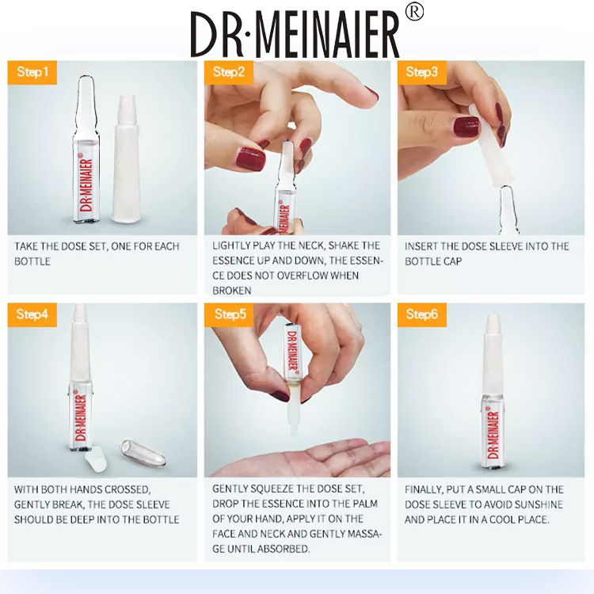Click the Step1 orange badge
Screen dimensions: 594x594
click(x=32, y=72)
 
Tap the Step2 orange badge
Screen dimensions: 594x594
click(x=229, y=72)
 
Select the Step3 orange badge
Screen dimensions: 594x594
click(x=422, y=72)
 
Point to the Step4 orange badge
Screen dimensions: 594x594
click(x=32, y=314)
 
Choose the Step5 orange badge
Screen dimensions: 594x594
click(x=229, y=314)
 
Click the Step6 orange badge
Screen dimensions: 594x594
click(x=422, y=314)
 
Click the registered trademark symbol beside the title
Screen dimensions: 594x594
click(x=414, y=13)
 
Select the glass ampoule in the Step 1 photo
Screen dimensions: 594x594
click(x=87, y=150)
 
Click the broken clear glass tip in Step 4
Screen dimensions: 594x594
click(x=143, y=453)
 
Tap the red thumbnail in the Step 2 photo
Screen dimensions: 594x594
click(x=251, y=159)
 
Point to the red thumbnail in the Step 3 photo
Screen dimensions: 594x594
click(x=466, y=128)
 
